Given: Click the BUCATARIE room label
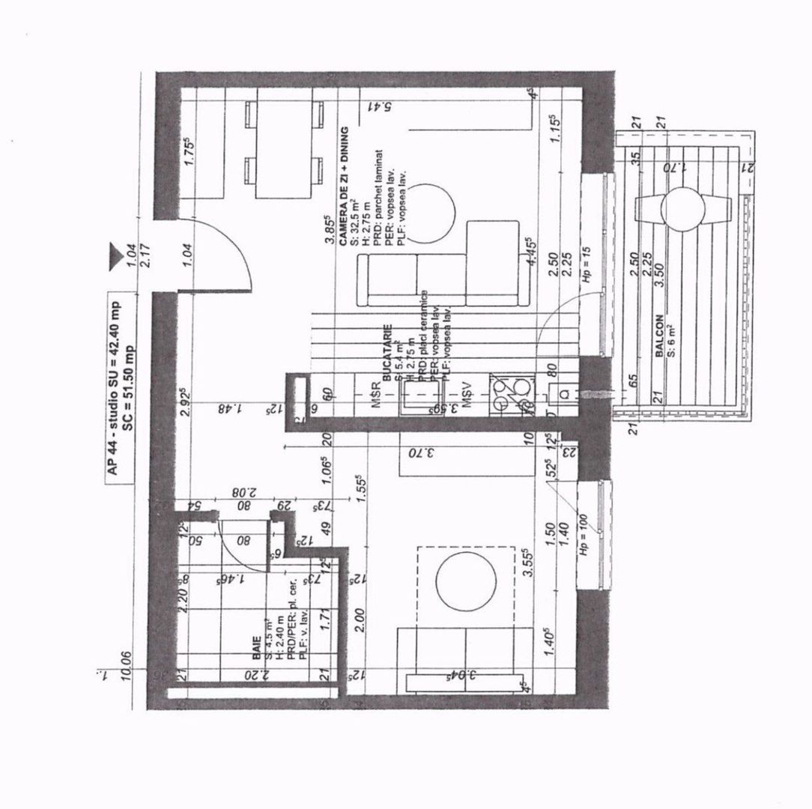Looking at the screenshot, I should click(x=387, y=352).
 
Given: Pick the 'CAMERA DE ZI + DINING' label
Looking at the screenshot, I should click(x=344, y=187).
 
